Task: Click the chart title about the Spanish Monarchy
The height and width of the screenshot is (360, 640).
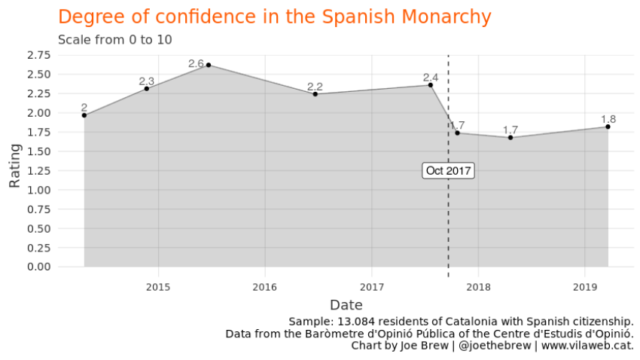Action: [274, 17]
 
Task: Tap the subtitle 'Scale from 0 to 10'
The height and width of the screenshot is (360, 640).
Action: [115, 39]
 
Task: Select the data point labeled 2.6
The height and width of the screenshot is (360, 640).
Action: [208, 65]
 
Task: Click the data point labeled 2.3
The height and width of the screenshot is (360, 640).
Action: [146, 88]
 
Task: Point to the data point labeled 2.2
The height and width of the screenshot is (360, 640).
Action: [315, 94]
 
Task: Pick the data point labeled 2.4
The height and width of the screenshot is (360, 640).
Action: [430, 85]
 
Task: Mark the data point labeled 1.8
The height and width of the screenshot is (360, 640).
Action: [608, 127]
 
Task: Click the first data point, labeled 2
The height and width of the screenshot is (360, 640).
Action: [84, 115]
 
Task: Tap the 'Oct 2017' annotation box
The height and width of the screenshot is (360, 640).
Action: [448, 171]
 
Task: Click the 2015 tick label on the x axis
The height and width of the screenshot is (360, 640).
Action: [158, 287]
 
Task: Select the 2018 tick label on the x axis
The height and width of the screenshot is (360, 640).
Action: [478, 287]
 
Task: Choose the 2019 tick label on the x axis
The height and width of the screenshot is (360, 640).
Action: [585, 287]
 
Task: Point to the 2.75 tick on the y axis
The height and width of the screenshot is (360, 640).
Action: [38, 55]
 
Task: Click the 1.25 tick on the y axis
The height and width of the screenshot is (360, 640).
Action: [38, 170]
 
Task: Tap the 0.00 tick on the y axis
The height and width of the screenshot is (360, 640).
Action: [38, 267]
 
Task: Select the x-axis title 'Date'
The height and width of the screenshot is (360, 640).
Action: [346, 305]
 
